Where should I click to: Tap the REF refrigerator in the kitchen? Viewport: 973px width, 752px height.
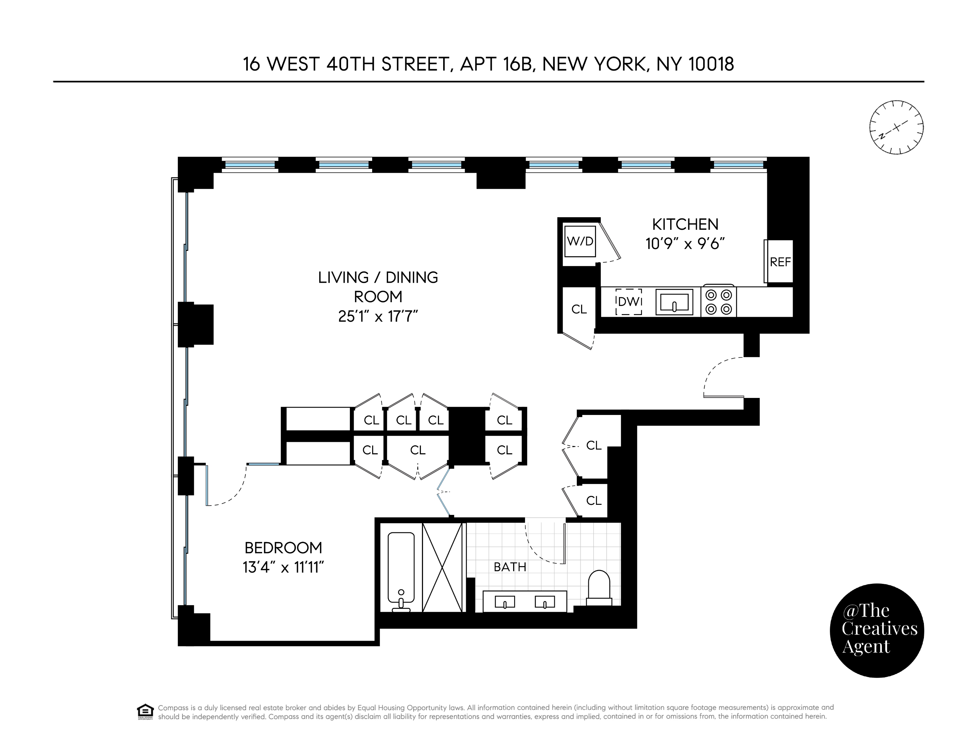780,261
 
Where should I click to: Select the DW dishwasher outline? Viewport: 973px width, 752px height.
629,301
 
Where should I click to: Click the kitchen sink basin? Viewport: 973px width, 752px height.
674,302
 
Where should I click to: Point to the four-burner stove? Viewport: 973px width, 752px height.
719,301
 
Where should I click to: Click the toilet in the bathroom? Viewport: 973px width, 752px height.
599,587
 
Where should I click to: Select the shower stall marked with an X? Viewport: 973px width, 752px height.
442,567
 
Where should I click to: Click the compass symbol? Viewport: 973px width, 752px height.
896,127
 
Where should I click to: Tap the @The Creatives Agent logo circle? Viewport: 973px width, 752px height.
877,630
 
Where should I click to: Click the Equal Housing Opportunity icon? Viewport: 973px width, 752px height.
145,712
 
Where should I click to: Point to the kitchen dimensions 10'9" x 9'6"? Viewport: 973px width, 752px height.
685,244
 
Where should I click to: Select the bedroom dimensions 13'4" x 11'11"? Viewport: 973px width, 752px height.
283,567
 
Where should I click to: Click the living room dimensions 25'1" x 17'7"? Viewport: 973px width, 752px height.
378,316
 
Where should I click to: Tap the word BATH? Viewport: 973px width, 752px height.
510,567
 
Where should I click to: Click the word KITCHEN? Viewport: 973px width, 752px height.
685,224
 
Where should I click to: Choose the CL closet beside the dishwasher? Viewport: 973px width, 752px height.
579,309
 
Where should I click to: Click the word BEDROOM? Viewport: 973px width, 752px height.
283,548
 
